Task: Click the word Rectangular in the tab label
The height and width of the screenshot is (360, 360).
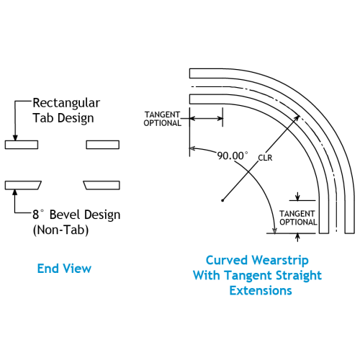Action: [x=66, y=103]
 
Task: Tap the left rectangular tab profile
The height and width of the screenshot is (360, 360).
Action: [x=22, y=145]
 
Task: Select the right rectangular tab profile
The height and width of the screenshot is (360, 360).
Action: [x=103, y=145]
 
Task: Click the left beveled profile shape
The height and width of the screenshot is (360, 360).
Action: [x=23, y=185]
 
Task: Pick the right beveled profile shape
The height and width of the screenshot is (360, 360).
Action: [x=102, y=185]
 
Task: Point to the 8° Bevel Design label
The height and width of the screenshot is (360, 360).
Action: [x=76, y=215]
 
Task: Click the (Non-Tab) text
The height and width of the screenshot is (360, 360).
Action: [x=61, y=230]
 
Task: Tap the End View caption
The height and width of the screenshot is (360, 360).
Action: [x=64, y=269]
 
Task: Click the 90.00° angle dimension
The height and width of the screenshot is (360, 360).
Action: [x=233, y=156]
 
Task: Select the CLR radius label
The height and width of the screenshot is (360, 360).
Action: [x=265, y=158]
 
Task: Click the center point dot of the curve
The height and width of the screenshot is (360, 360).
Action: [x=222, y=200]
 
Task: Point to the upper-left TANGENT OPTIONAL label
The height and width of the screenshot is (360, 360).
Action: [x=162, y=119]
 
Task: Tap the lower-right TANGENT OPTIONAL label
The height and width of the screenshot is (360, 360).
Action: [x=298, y=218]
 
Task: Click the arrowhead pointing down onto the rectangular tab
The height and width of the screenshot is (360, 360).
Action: [x=15, y=138]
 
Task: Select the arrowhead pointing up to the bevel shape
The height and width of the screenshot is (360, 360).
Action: [x=15, y=192]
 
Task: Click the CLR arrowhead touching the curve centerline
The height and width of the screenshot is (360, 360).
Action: [x=297, y=118]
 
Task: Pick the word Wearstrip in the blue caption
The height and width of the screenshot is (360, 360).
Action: [x=280, y=261]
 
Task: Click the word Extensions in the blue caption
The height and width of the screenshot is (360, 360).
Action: [x=261, y=291]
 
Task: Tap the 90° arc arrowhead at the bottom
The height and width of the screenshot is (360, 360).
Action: [x=274, y=230]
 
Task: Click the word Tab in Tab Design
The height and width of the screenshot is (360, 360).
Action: [x=43, y=118]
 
